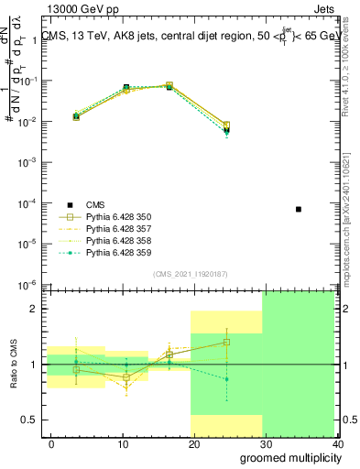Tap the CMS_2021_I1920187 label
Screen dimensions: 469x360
click(190, 274)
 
